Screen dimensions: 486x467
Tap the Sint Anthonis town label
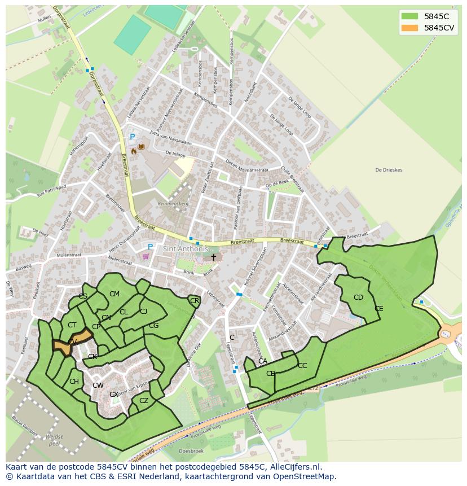click(x=186, y=249)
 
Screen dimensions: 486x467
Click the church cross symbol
click(x=213, y=257)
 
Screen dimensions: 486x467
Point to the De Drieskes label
click(x=389, y=170)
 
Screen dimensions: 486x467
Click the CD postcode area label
click(x=358, y=297)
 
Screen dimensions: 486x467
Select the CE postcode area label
click(x=378, y=309)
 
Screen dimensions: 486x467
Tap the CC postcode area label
click(x=302, y=366)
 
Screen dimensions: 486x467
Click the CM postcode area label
click(x=114, y=294)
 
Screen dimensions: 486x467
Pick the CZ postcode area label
click(x=144, y=401)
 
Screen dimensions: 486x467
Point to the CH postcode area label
click(x=74, y=382)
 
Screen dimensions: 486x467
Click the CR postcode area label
click(x=195, y=301)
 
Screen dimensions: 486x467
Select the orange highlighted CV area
click(x=71, y=344)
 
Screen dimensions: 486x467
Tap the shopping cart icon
click(x=147, y=256)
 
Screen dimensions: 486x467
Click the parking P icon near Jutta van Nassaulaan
click(x=133, y=137)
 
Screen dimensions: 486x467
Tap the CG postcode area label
click(x=153, y=326)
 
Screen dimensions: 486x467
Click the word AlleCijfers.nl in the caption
click(x=293, y=467)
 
